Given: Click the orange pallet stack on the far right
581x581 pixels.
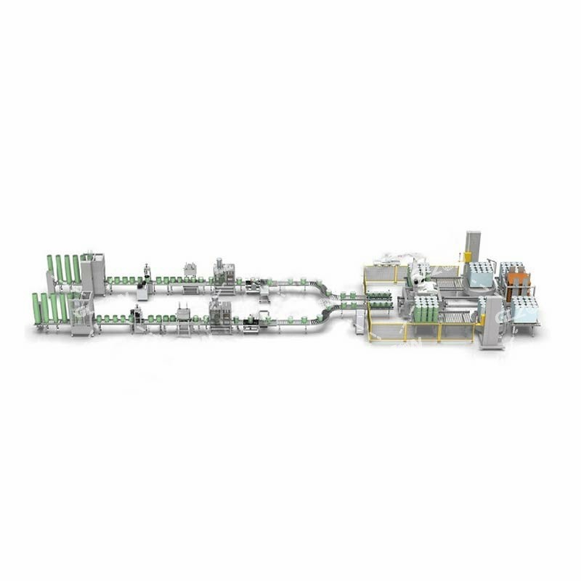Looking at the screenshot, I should [517, 284].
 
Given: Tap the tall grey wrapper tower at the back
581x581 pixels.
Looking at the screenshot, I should [473, 247].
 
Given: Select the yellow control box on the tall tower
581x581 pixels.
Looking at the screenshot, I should [468, 257].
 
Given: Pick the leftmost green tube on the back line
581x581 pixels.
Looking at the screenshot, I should [50, 268].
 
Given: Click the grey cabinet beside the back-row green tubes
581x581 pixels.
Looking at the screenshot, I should [93, 273].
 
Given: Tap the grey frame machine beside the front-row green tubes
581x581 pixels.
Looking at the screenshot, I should [81, 314].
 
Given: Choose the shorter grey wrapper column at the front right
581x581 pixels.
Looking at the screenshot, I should [492, 320].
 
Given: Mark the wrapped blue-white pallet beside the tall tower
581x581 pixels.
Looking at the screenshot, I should [481, 275].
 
